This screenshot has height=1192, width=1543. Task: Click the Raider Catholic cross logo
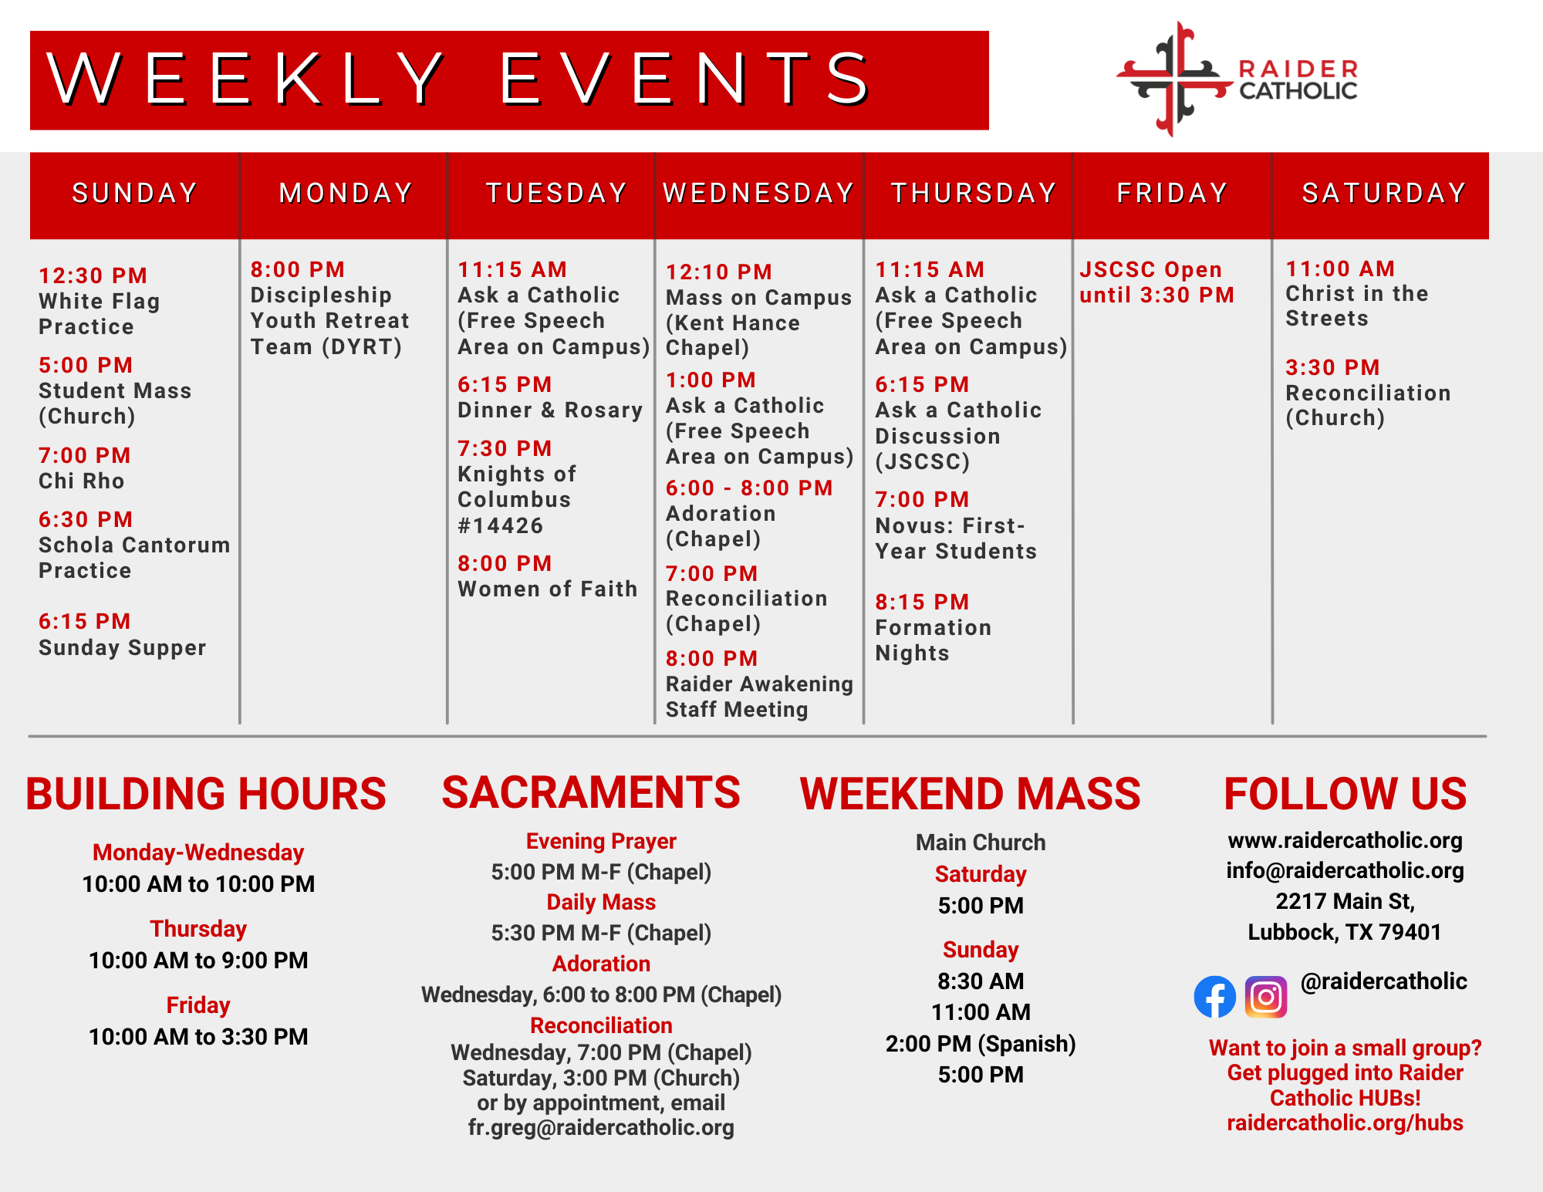(1174, 79)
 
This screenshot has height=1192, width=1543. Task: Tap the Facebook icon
(1214, 997)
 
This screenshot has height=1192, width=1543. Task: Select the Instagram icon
(1266, 997)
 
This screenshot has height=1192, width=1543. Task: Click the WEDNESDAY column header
(758, 193)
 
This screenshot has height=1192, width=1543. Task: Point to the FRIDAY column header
(1172, 193)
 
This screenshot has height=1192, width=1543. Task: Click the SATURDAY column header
(1384, 193)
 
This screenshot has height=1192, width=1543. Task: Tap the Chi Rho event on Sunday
(82, 481)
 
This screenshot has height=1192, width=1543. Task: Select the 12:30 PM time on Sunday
(93, 275)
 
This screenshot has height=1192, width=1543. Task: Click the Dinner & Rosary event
(550, 410)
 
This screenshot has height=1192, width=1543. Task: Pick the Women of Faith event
(548, 589)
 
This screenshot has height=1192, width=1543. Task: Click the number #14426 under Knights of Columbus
(501, 525)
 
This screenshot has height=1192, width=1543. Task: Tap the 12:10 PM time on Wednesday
(719, 272)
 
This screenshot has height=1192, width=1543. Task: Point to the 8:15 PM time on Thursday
(922, 602)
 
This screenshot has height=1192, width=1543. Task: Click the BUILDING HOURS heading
(206, 794)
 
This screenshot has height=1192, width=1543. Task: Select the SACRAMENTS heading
(591, 792)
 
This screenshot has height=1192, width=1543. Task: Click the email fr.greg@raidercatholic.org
(601, 1127)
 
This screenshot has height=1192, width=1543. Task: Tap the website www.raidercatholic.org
(1345, 840)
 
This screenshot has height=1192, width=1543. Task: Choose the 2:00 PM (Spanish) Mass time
(981, 1043)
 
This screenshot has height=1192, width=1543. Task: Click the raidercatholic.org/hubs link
(1345, 1123)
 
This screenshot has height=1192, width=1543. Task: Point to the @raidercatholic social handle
(1384, 981)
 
